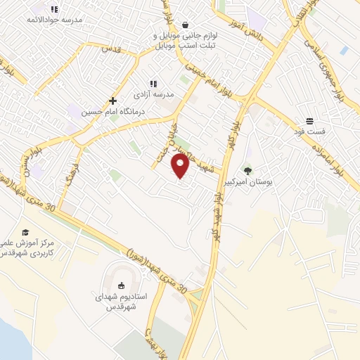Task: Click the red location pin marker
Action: pos(180,166)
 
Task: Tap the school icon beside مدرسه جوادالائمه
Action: pos(54,9)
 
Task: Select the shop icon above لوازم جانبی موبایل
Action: pos(185,25)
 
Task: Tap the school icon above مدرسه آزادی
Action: pos(153,84)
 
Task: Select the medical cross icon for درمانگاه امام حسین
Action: pos(112,101)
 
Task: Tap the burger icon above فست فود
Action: pos(309,121)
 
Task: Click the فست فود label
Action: pos(309,131)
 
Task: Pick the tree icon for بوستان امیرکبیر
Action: pos(247,170)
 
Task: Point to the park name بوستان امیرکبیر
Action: pos(247,181)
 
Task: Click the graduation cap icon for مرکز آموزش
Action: pos(26,232)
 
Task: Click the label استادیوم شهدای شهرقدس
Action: pos(121,302)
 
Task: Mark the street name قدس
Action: pos(112,49)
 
